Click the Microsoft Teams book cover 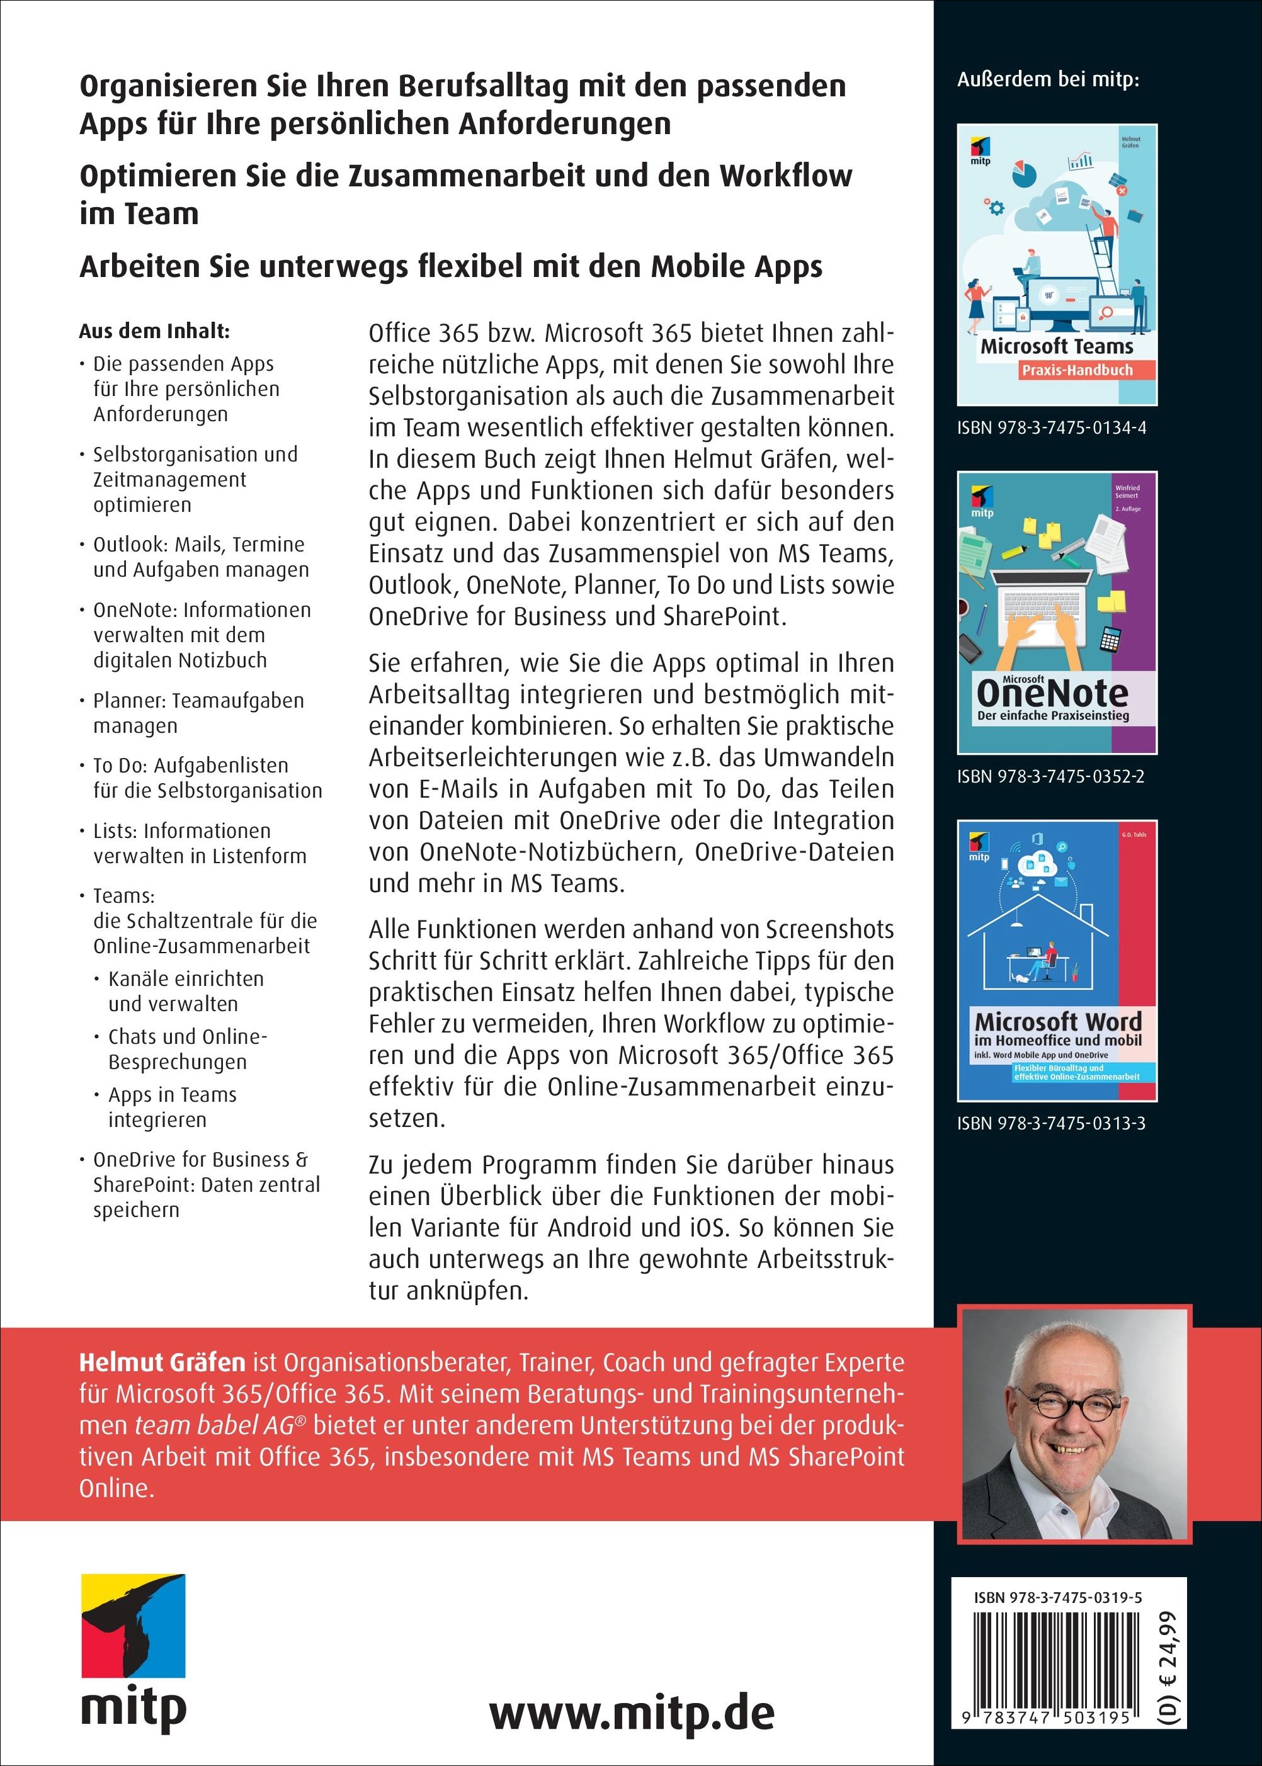click(x=1057, y=264)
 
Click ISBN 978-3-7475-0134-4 click(x=1052, y=428)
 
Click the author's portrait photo click(x=1076, y=1424)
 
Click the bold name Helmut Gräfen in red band click(x=162, y=1363)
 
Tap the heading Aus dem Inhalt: click(x=154, y=332)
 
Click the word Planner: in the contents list click(x=130, y=701)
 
